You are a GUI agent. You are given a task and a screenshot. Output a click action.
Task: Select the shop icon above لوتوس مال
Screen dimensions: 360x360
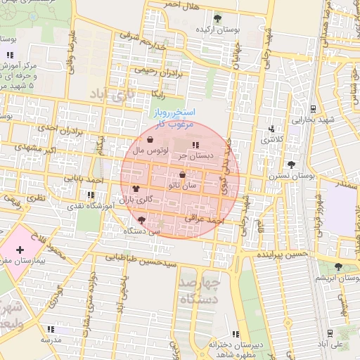(x=152, y=139)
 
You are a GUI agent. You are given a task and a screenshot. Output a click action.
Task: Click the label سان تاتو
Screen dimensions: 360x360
(x=183, y=186)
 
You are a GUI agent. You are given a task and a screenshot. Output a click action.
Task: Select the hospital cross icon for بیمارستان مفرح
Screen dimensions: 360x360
(x=19, y=250)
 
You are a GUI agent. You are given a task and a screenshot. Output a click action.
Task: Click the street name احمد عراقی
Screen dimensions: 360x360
(x=203, y=220)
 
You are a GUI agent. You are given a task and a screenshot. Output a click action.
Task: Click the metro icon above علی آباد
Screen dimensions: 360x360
(x=330, y=331)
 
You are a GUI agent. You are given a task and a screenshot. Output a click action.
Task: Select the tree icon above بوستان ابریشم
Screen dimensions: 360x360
(x=339, y=266)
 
